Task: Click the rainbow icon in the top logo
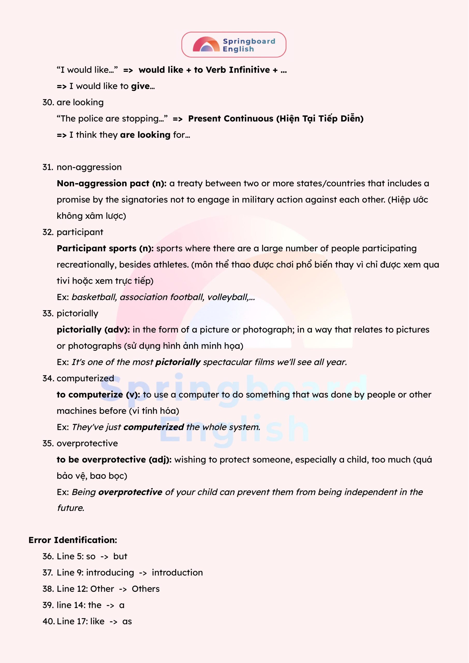point(206,45)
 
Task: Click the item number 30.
point(48,102)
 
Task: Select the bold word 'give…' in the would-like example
point(143,86)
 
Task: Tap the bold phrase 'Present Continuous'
point(230,119)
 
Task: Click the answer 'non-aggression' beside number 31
point(89,167)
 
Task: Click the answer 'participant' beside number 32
point(80,232)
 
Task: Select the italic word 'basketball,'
point(94,297)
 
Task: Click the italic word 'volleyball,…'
point(231,297)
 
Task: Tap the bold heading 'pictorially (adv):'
point(93,330)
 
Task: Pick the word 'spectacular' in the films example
point(227,362)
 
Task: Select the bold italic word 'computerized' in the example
point(154,427)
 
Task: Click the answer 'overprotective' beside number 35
point(87,443)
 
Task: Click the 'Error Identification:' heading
point(73,540)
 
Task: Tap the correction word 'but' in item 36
point(120,556)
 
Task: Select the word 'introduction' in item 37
point(177,573)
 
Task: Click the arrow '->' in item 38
point(123,589)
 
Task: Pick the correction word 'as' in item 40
point(127,621)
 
